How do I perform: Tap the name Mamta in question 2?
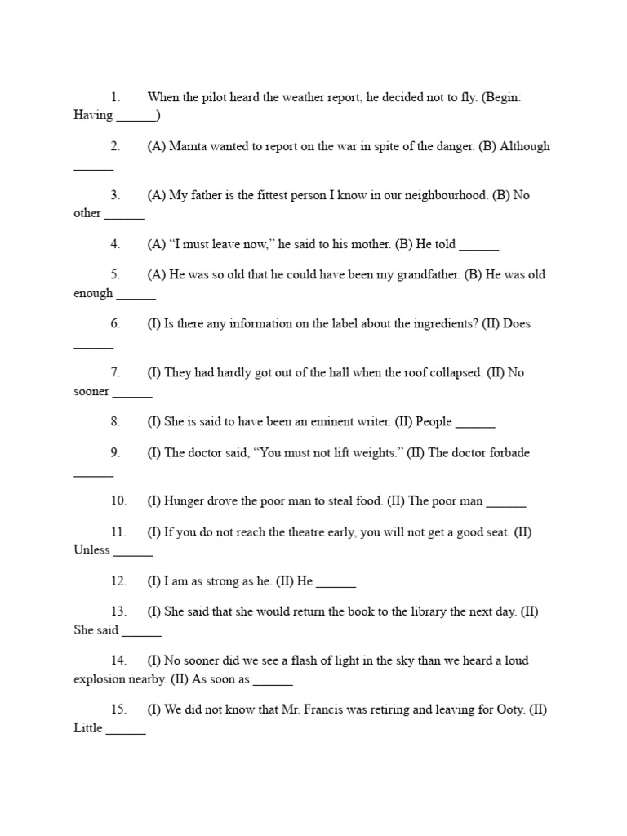tap(188, 146)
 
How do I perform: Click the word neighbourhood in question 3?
tap(442, 195)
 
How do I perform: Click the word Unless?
tap(91, 549)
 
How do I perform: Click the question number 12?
tap(119, 580)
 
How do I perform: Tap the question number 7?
tap(116, 372)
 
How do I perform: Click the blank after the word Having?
tap(136, 117)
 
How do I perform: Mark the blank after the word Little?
tap(126, 729)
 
